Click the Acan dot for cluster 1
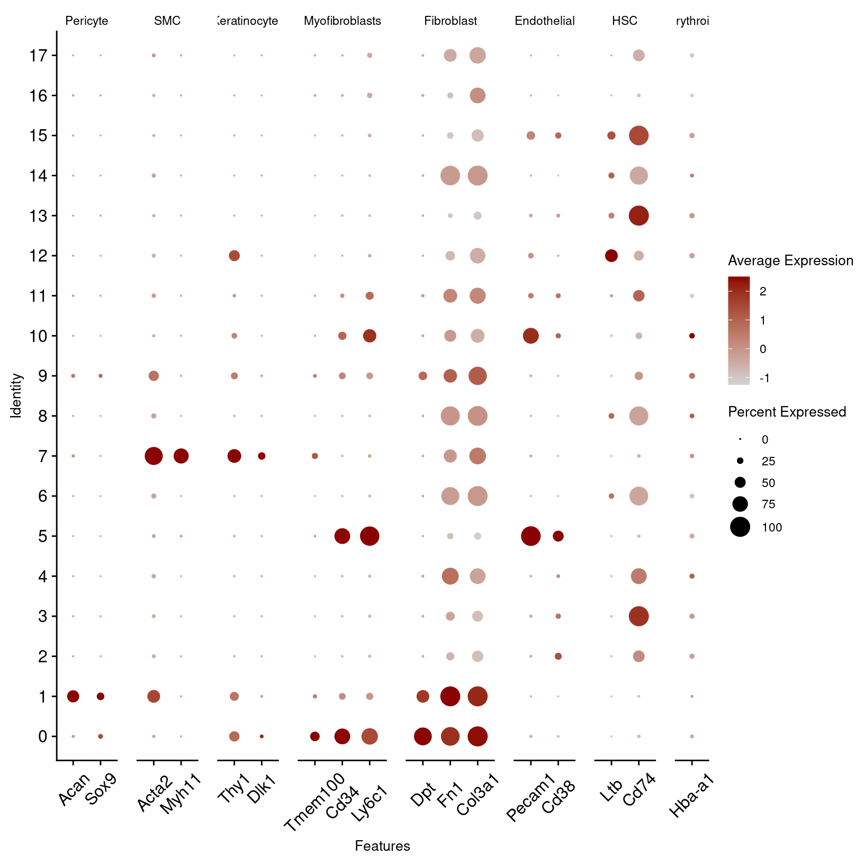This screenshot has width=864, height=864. coord(73,696)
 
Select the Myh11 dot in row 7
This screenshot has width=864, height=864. coord(181,456)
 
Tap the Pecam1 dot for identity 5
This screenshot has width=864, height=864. coord(530,536)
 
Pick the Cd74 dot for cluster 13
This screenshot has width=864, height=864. coord(638,215)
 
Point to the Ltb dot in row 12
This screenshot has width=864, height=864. coord(611,256)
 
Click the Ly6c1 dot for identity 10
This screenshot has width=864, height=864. coord(370,336)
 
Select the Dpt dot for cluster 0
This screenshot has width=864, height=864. coord(422,736)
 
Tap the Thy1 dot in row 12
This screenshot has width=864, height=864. coord(234,256)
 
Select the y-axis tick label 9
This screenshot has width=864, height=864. coord(43,376)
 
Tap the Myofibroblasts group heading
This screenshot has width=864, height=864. coord(343,21)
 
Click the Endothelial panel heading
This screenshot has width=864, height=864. coord(544,21)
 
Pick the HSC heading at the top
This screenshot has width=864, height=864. coord(625,21)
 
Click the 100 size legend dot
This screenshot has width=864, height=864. coord(740,527)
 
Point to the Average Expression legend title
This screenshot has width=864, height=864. coord(790,260)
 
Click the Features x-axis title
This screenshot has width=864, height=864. coord(382,846)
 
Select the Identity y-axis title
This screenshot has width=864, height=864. coord(16,395)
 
